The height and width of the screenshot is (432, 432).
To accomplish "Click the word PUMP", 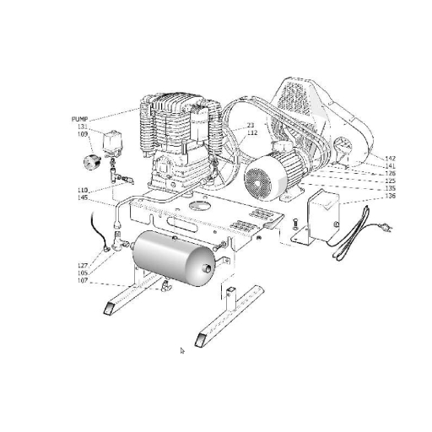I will pos(80,120).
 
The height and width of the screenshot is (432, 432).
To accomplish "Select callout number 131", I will pos(82,127).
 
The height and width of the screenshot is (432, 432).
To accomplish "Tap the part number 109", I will pos(82,133).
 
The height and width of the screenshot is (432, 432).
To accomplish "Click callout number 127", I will pos(83,266).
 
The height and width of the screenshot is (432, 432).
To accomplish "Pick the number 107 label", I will pos(83,280).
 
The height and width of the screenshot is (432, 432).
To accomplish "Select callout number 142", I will pos(390,159).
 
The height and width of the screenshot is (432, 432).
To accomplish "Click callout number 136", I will pos(390,197).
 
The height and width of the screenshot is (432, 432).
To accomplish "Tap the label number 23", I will pos(251,125).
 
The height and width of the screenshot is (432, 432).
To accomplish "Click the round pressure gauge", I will pos(91,159).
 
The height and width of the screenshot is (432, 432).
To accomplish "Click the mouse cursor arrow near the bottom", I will pos(182,350).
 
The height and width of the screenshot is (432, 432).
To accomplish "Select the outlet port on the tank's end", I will pos(206,269).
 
